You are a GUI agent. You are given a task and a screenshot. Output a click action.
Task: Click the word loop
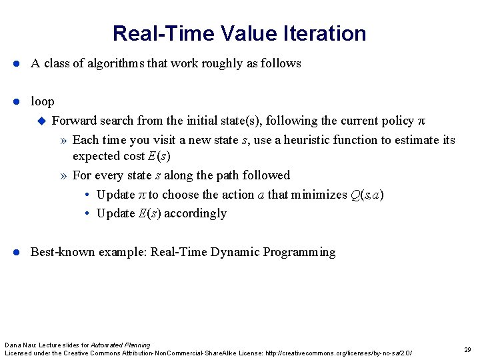coord(43,101)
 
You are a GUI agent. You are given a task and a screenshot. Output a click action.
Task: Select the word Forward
coord(73,121)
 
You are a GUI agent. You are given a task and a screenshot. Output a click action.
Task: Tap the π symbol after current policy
coord(420,121)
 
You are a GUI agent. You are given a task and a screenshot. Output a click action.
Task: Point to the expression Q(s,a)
coord(367,195)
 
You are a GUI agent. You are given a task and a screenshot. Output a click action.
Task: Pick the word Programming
coord(299,252)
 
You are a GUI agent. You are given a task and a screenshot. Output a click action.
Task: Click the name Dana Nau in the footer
coord(17,345)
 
